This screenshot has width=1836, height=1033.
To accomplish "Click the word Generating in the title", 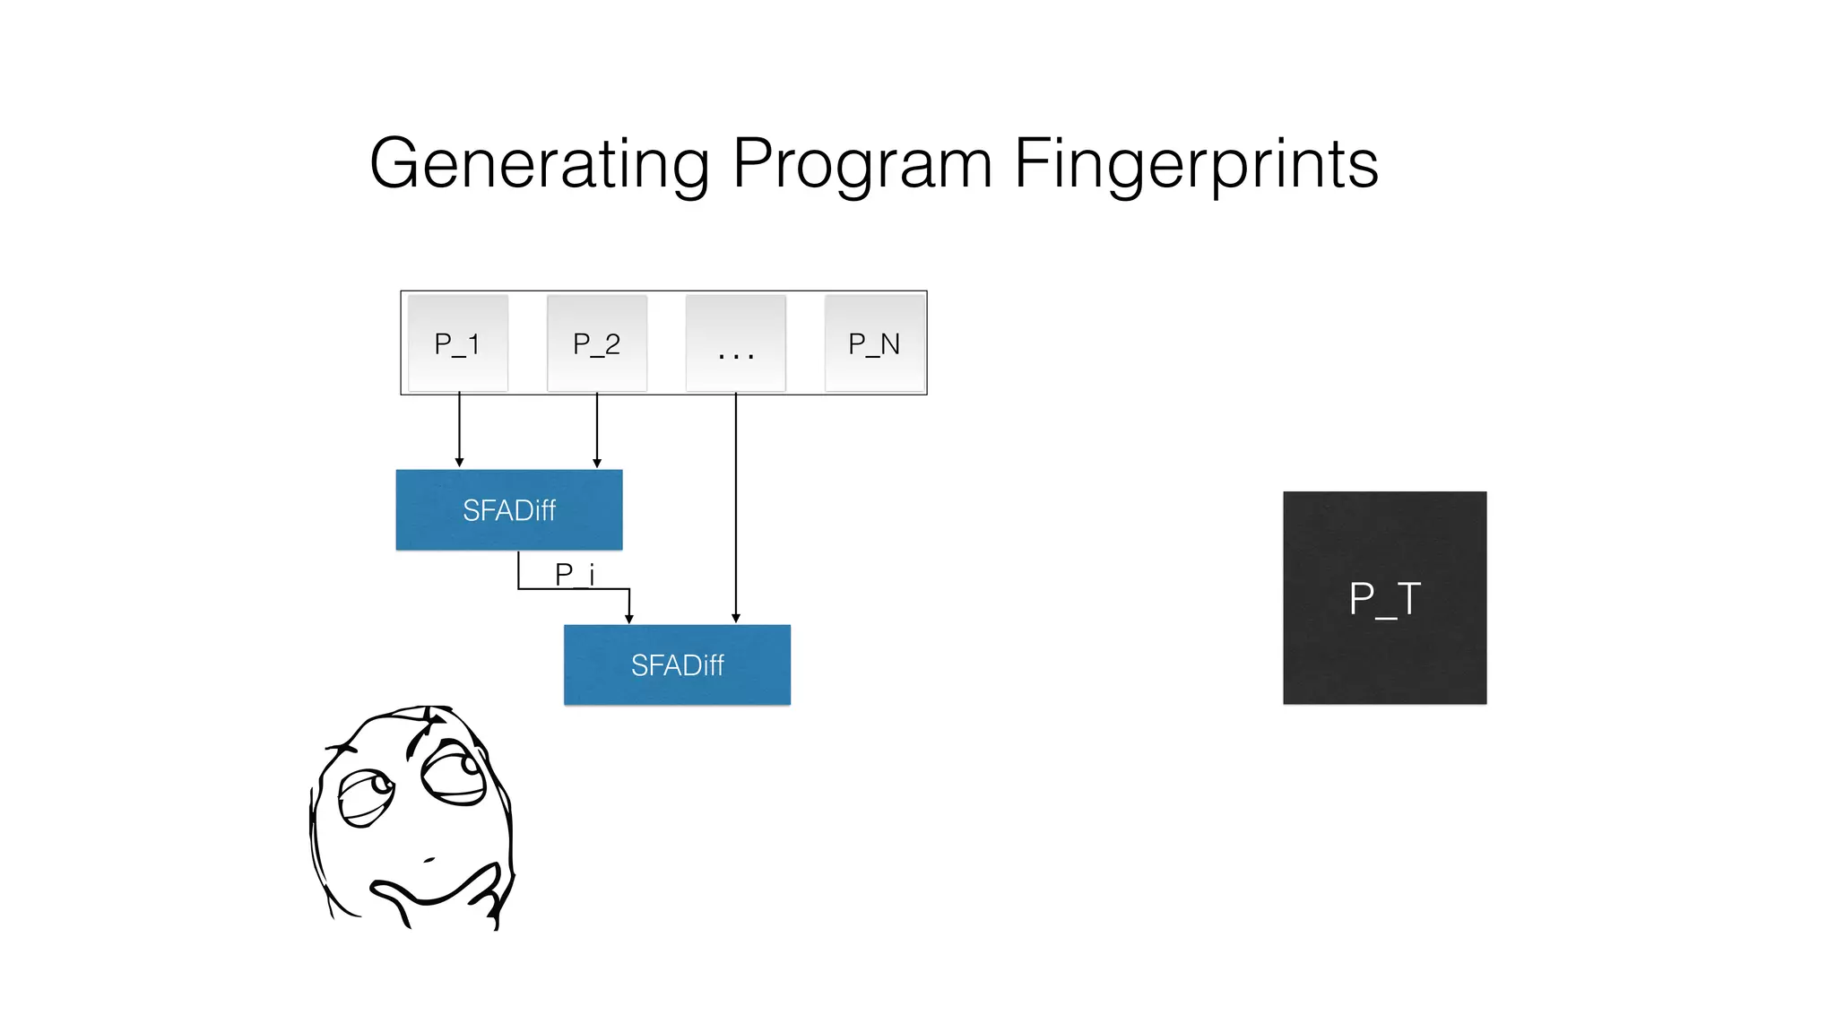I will coord(539,164).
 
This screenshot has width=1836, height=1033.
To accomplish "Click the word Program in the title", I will coord(862,164).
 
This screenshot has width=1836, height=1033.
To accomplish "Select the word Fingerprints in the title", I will coord(1196,164).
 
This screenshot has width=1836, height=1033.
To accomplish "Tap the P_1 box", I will coord(458,343).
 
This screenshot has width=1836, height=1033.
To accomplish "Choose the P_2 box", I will coord(597,343).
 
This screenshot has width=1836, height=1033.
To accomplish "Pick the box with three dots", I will coord(736,343).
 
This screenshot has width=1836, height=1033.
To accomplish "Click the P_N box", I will coord(874,343).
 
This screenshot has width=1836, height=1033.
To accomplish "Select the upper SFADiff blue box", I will coord(509,509).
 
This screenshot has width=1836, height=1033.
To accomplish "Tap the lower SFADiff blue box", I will coord(677,664).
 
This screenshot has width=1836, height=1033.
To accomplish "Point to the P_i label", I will coord(575,574).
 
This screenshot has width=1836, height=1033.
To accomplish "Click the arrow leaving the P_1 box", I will coord(460,429).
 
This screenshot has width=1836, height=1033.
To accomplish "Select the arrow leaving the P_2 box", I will coord(597,429).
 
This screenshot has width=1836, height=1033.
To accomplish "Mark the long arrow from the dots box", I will coord(736,507).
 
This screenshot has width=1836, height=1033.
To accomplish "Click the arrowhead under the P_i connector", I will coord(629,618).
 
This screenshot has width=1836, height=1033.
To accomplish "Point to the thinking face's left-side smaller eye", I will coord(366,795).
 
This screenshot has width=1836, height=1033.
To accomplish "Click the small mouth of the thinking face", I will coord(429,860).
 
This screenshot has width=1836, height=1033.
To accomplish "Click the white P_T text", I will coord(1384,599).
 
